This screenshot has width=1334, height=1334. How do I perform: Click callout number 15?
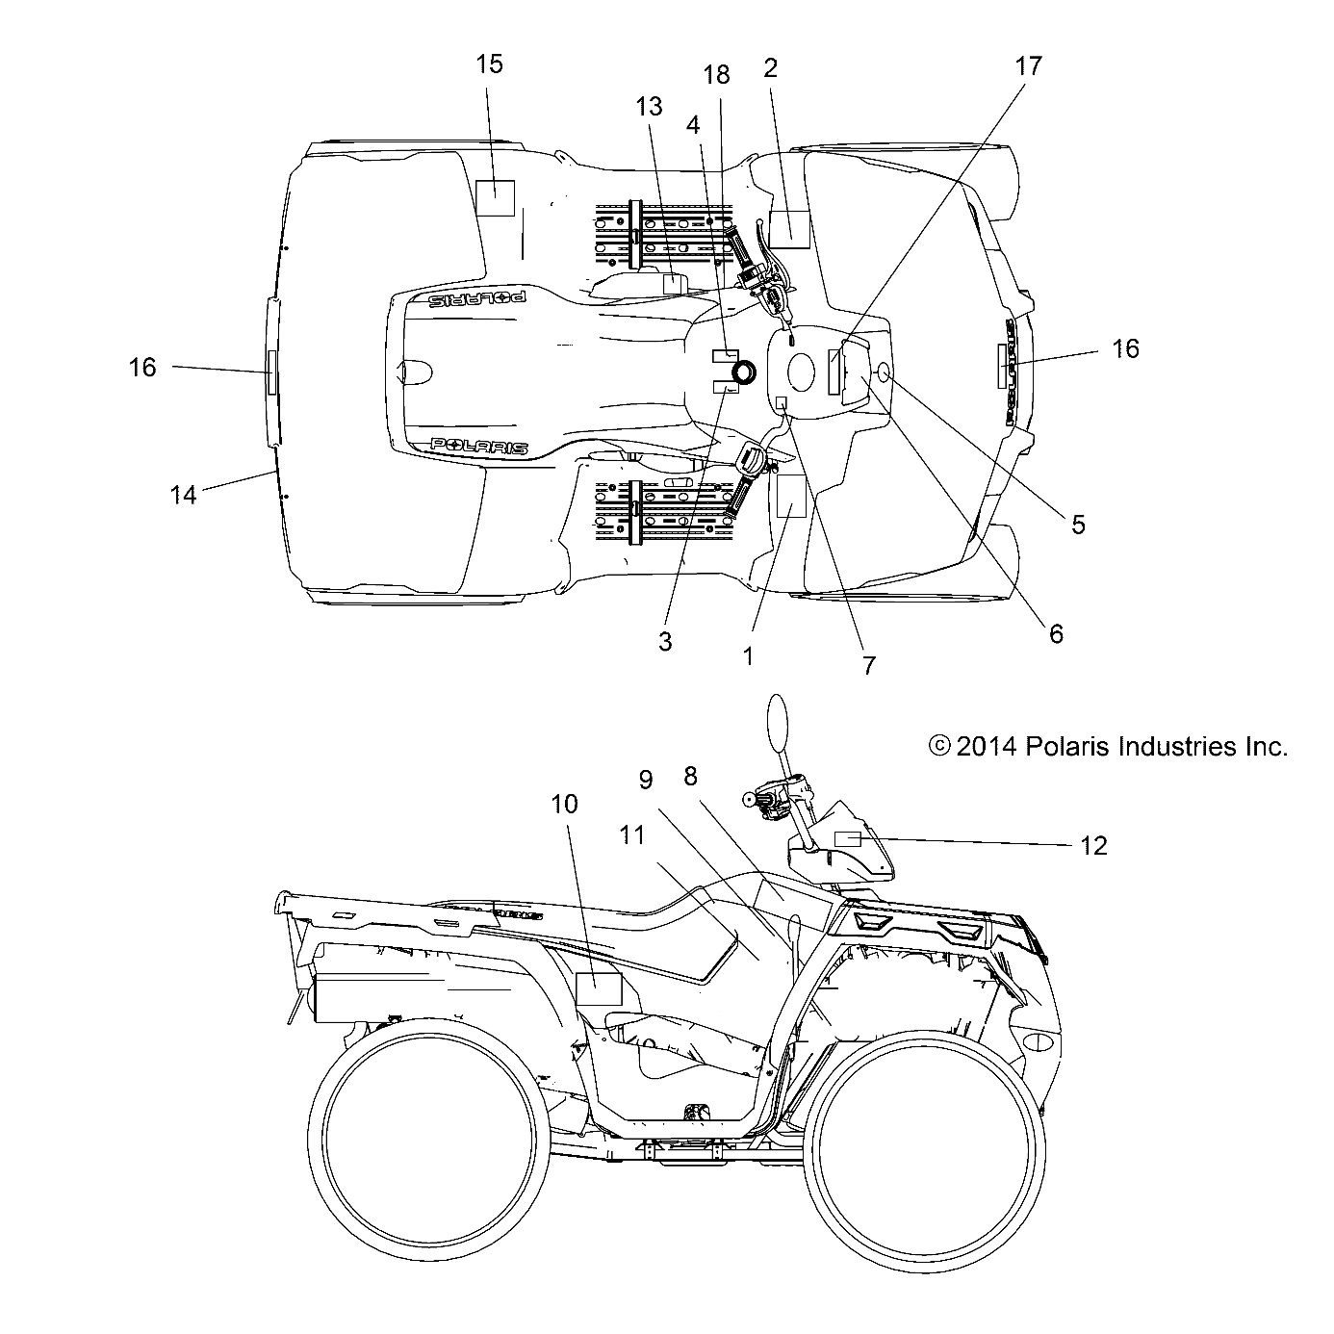click(x=489, y=64)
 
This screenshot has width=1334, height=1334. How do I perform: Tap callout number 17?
click(x=1028, y=66)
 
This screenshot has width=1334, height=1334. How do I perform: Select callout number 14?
click(x=183, y=495)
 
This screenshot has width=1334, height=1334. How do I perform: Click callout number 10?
click(x=565, y=804)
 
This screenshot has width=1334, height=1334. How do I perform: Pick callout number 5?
click(x=1078, y=525)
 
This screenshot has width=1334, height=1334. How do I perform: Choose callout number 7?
click(x=869, y=665)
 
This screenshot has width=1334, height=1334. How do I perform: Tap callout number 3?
click(x=665, y=642)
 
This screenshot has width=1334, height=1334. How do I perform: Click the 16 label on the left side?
click(x=142, y=367)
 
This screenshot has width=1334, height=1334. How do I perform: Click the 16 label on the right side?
click(x=1125, y=348)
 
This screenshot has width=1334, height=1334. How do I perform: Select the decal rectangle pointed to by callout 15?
click(x=496, y=197)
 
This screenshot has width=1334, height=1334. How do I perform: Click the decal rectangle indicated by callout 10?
click(x=599, y=988)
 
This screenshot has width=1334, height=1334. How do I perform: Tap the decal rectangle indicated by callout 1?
click(x=790, y=496)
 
